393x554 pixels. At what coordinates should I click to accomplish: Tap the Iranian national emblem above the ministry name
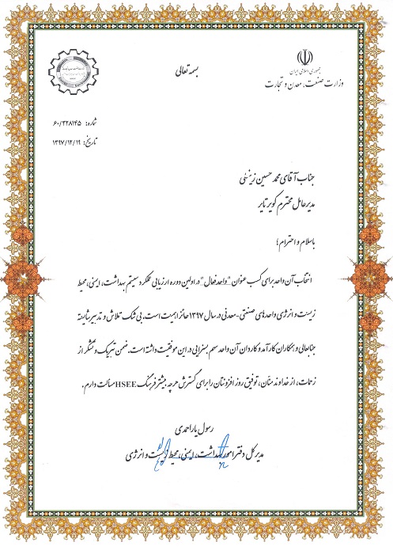tap(303, 58)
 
